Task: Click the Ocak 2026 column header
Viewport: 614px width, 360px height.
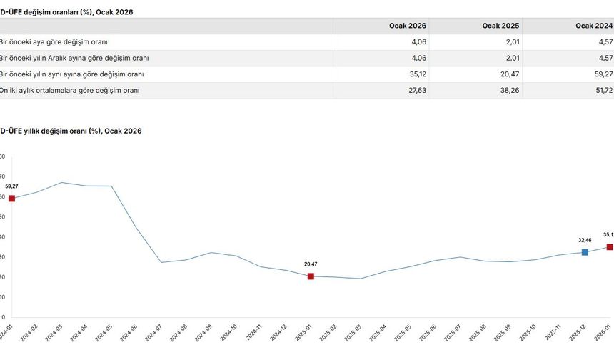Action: point(408,26)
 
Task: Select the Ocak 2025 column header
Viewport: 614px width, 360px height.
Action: point(500,26)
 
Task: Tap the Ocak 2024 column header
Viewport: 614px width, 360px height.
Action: point(594,26)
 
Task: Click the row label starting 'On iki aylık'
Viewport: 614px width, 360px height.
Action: point(69,91)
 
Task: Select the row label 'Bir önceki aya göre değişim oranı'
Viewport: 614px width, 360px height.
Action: point(54,42)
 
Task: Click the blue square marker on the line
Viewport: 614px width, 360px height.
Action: point(585,252)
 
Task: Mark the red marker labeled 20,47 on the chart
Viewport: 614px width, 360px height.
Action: point(311,276)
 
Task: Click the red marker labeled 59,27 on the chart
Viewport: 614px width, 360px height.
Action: point(11,198)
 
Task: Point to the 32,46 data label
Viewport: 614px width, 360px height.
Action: point(584,241)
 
